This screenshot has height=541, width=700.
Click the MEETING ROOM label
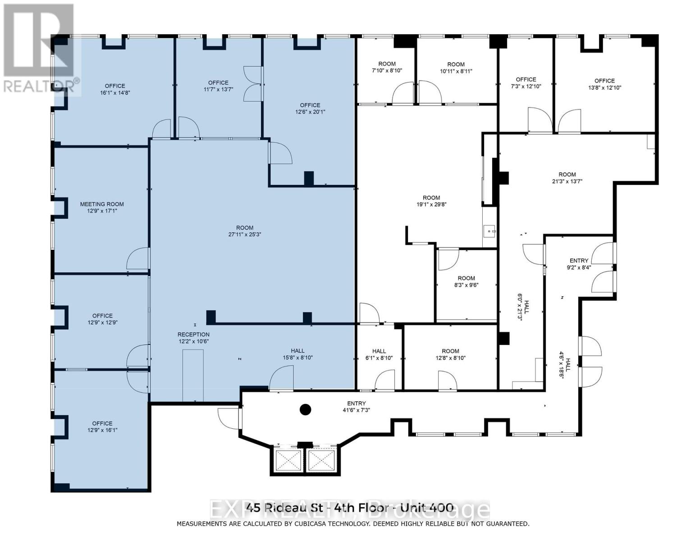coord(102,204)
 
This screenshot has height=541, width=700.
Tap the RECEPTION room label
coord(193,335)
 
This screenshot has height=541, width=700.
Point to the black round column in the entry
coord(306,410)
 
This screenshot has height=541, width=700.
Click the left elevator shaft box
coord(288,460)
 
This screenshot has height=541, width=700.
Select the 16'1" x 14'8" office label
coord(115,89)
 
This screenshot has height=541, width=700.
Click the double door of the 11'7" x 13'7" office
coord(251,84)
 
